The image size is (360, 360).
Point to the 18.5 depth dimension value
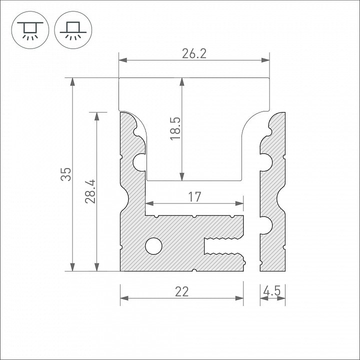point(175,128)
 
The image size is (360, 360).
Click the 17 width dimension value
point(194,197)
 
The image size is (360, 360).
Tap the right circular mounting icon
point(71,28)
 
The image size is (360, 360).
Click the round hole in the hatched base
point(153,245)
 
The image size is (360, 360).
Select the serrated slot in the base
point(222,247)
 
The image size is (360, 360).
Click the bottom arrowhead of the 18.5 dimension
point(182,176)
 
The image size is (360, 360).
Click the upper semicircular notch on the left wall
point(139,161)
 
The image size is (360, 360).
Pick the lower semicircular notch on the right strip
point(265,225)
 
